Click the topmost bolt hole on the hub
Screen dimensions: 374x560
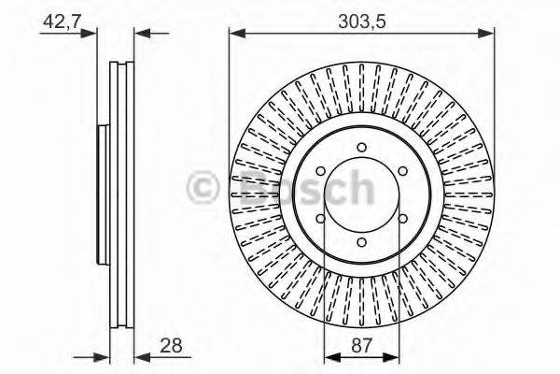pos(362,147)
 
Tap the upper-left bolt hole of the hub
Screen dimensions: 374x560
pos(321,171)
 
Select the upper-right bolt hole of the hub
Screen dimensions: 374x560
pos(403,171)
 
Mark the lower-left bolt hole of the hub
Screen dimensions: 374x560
pos(321,219)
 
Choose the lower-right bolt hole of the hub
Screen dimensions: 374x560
pos(403,219)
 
